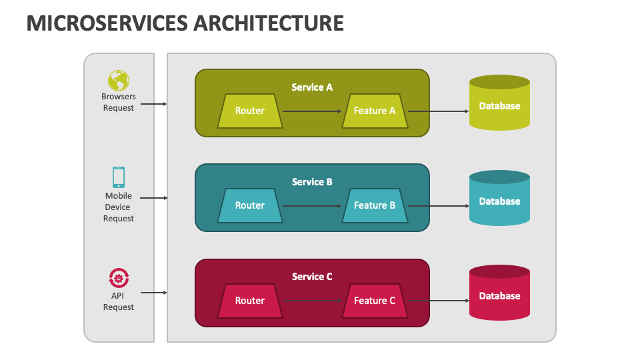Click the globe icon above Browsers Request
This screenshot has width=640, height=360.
119,81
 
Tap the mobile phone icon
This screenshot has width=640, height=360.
119,177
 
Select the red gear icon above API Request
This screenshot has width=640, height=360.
119,279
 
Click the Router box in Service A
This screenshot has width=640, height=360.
250,111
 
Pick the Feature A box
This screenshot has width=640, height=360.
375,111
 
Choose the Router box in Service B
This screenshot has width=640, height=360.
250,206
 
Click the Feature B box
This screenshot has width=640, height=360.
375,206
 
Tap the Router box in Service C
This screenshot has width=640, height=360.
250,301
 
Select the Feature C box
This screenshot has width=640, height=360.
375,301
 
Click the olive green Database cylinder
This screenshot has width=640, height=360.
499,103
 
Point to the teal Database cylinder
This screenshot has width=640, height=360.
499,198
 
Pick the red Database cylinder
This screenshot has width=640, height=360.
499,293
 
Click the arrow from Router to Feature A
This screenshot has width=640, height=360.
312,111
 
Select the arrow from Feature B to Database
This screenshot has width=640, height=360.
439,206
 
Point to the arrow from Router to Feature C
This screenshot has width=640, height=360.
313,301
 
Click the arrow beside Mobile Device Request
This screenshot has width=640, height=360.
154,198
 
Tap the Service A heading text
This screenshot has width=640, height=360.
312,87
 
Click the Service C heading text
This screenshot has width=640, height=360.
312,277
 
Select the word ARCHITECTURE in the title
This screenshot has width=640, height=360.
269,23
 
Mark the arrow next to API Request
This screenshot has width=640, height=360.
154,293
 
